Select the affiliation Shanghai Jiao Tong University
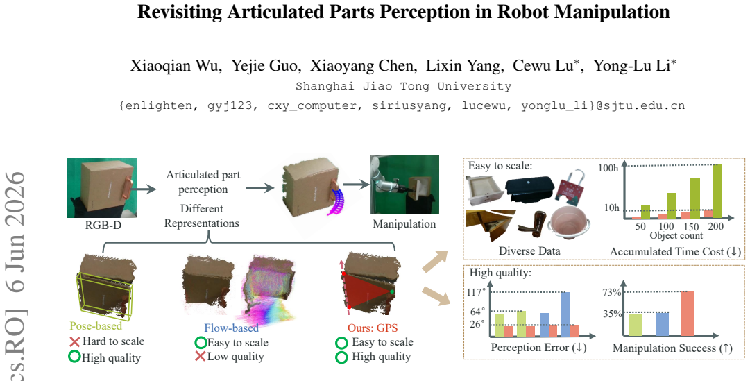pyautogui.click(x=403, y=87)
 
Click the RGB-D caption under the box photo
pyautogui.click(x=103, y=224)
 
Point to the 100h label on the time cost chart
pyautogui.click(x=608, y=168)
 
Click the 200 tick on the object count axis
pyautogui.click(x=715, y=226)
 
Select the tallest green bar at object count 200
pyautogui.click(x=717, y=192)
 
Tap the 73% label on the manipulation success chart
pyautogui.click(x=612, y=292)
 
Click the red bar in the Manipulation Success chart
pyautogui.click(x=687, y=314)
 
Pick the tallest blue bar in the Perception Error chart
pyautogui.click(x=565, y=314)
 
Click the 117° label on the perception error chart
pyautogui.click(x=477, y=292)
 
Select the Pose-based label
pyautogui.click(x=96, y=326)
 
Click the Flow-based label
pyautogui.click(x=231, y=328)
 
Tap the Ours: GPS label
pyautogui.click(x=373, y=328)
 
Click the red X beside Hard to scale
pyautogui.click(x=74, y=341)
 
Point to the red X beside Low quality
pyautogui.click(x=201, y=356)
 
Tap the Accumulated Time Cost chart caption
pyautogui.click(x=675, y=251)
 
